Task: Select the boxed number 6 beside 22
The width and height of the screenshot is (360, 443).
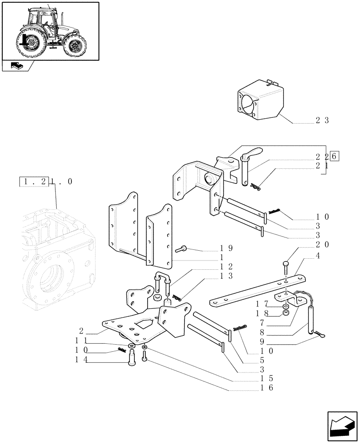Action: click(x=334, y=156)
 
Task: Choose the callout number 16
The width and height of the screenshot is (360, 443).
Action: click(x=267, y=388)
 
